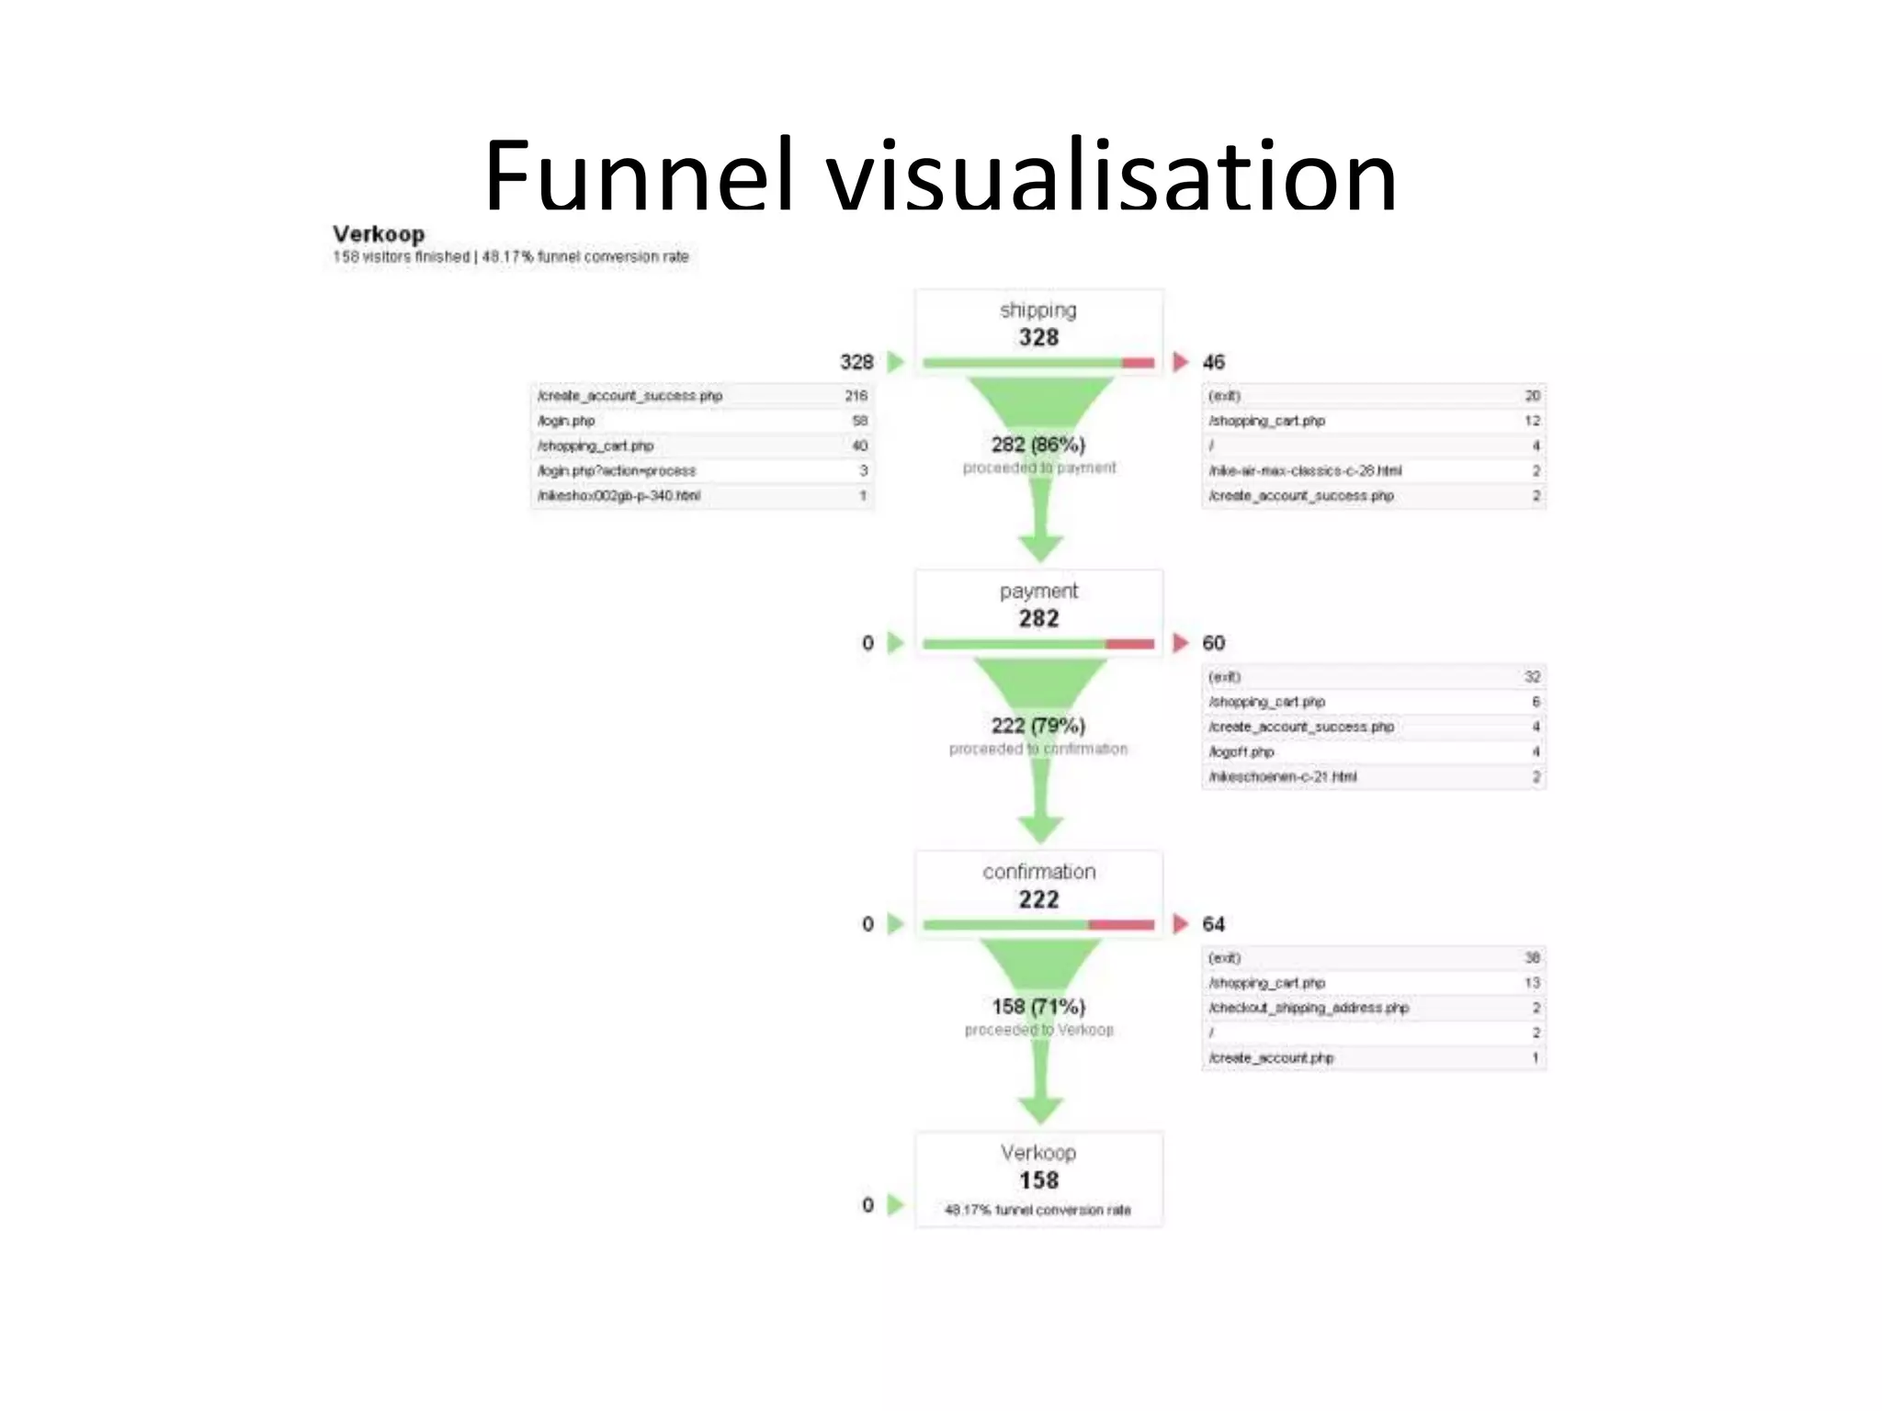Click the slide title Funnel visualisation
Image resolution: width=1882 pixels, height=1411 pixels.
click(x=939, y=175)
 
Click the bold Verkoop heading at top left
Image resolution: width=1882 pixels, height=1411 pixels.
click(x=379, y=234)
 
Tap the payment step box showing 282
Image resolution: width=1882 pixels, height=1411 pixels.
click(x=1038, y=605)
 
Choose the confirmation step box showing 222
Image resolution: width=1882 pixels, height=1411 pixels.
click(x=1038, y=886)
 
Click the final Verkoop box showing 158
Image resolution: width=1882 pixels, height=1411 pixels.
click(x=1038, y=1179)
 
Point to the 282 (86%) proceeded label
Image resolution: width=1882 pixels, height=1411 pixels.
click(x=1038, y=446)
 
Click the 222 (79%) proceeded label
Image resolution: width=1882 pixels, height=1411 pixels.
click(x=1038, y=727)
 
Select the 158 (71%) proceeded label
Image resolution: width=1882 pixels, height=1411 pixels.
click(x=1038, y=1008)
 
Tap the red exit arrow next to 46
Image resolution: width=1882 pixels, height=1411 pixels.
click(x=1181, y=362)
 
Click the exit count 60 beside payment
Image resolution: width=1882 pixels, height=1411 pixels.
click(x=1213, y=643)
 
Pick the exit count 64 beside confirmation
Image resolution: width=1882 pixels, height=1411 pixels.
click(x=1213, y=924)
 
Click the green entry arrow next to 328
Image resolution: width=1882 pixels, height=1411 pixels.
click(x=896, y=362)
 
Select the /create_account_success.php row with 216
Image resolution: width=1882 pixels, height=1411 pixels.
click(x=702, y=396)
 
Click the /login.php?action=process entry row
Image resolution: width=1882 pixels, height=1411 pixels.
click(x=702, y=470)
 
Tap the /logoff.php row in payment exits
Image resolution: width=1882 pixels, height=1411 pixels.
click(x=1373, y=751)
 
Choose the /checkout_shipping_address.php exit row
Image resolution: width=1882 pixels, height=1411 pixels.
click(x=1373, y=1008)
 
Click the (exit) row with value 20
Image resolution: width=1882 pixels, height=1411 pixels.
click(x=1373, y=396)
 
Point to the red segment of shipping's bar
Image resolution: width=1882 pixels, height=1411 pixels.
click(x=1138, y=363)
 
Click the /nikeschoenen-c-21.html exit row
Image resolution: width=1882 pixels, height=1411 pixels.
click(x=1373, y=776)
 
